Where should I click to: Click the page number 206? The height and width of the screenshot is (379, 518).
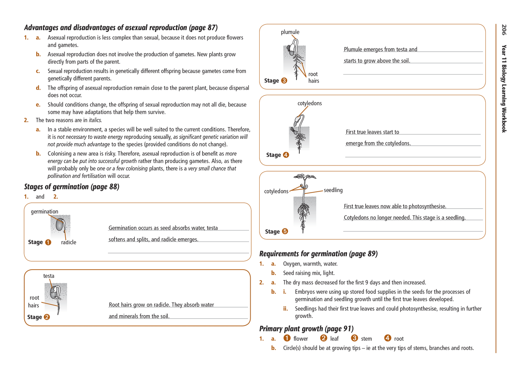504,30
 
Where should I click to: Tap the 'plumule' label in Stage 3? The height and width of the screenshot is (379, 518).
290,32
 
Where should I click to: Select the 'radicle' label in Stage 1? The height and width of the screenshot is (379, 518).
68,242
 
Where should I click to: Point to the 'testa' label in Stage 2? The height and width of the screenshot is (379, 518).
49,276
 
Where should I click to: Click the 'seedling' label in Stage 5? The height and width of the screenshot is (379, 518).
333,190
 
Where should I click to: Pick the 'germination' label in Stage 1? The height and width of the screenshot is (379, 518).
44,212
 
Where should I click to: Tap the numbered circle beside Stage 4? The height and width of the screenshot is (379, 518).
286,155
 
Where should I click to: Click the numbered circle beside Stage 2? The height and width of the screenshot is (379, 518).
47,317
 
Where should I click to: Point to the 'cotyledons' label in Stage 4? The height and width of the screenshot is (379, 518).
309,103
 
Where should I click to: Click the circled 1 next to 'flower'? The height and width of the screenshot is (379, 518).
287,338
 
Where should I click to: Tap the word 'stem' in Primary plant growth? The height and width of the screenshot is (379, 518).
366,339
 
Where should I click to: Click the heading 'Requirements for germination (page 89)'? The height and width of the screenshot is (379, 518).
318,254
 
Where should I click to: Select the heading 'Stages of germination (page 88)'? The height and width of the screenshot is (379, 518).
72,187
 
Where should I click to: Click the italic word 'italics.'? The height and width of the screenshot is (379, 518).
95,120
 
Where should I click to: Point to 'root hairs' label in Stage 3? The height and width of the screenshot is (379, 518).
314,78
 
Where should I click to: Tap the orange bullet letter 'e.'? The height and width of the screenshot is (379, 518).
38,105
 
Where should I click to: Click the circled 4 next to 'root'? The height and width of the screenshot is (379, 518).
388,338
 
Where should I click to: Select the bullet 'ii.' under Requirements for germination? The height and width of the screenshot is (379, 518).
285,309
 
